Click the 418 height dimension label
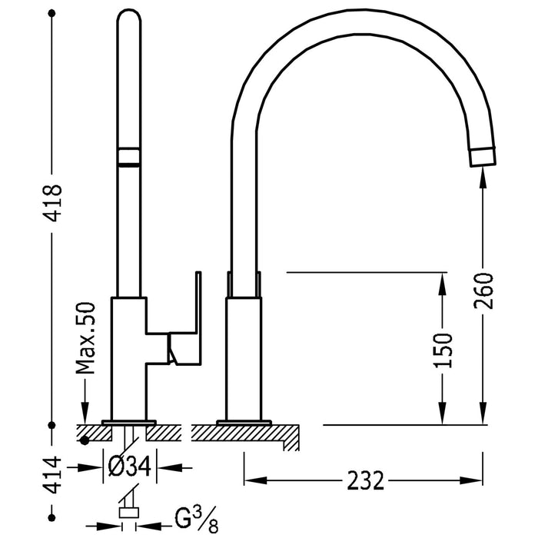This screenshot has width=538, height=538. pos(51,203)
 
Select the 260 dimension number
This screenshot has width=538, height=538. pos(483,290)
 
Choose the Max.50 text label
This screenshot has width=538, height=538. pos(87,337)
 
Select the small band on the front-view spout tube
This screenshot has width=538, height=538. pos(128,157)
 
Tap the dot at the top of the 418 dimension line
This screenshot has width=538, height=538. pos(51,12)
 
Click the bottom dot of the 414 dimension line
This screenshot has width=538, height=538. pos(51,530)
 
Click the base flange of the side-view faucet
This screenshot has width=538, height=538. pos(244,422)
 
